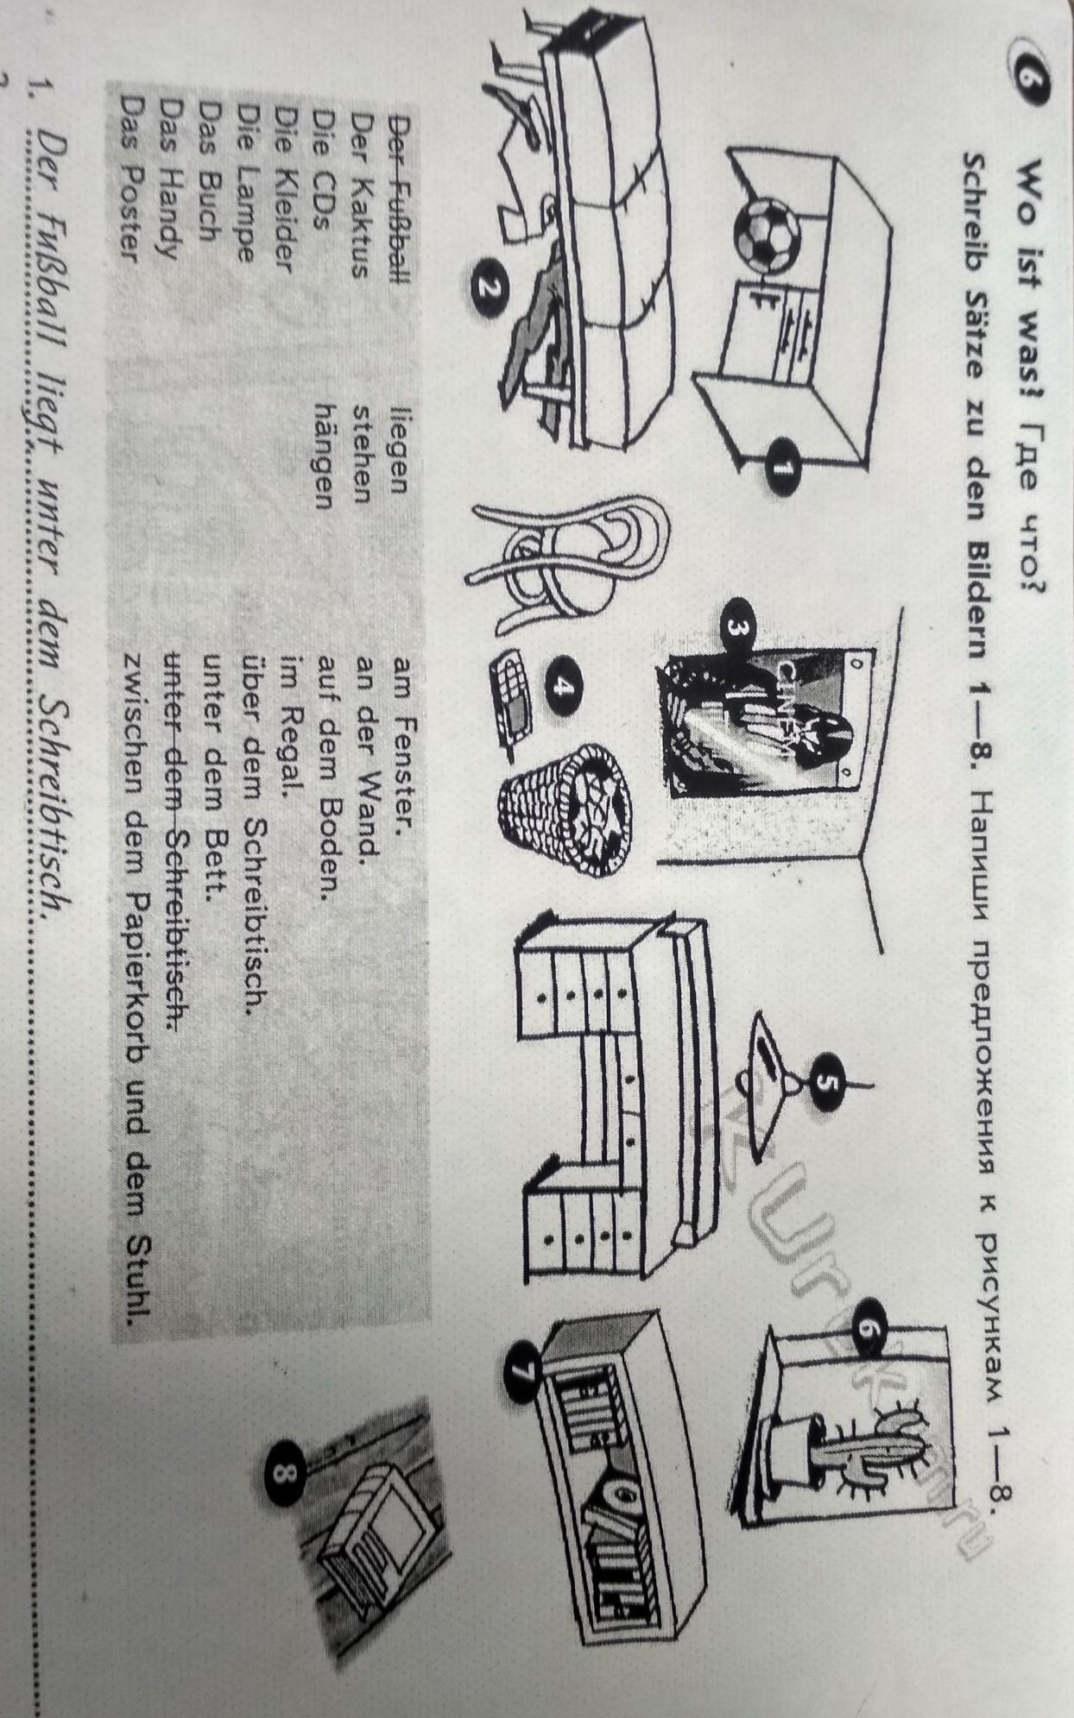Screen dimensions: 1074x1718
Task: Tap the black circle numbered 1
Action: (782, 469)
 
